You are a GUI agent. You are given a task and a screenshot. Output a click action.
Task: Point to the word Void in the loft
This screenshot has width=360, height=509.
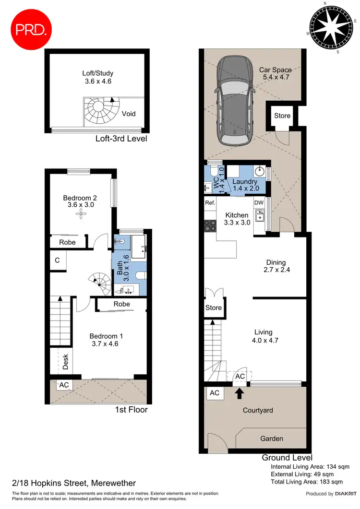click(129, 114)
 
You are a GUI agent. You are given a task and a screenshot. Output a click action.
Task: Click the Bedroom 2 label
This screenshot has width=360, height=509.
click(81, 201)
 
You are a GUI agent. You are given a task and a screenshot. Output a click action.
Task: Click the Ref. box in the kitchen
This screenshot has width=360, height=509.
click(210, 203)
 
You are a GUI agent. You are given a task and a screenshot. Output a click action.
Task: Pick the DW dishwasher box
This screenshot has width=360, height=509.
click(259, 203)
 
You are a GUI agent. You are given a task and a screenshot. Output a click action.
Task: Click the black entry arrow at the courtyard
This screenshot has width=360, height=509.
click(239, 394)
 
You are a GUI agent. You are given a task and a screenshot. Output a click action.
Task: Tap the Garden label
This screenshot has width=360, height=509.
click(272, 438)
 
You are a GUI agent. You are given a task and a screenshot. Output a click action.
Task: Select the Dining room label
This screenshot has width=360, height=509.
click(276, 266)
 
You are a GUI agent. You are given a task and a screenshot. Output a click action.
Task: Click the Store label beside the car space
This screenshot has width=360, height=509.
click(282, 116)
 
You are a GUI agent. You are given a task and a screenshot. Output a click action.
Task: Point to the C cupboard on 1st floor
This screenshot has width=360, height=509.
click(57, 260)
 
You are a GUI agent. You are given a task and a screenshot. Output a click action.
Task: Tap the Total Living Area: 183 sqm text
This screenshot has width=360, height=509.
click(307, 482)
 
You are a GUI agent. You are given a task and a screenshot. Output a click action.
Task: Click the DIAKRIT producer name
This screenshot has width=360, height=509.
click(341, 494)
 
